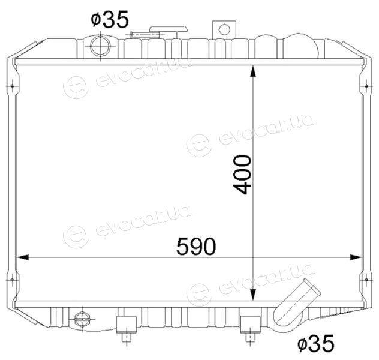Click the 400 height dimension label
(x=242, y=175)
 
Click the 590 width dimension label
(x=196, y=247)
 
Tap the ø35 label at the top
(x=110, y=19)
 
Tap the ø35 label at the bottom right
(x=315, y=343)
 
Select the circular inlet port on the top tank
(x=100, y=46)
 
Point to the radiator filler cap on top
(x=169, y=29)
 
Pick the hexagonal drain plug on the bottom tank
(x=82, y=319)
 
